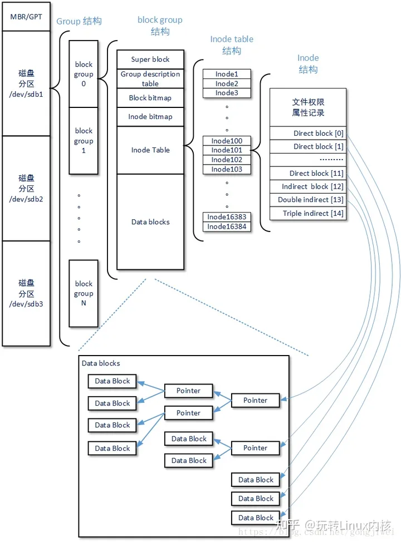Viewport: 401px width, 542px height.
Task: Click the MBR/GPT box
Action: (26, 17)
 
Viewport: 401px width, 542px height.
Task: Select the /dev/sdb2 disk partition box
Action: (26, 188)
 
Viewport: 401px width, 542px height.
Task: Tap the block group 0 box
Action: (84, 74)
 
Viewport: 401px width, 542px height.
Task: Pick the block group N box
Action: (84, 293)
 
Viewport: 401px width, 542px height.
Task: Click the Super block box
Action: (150, 60)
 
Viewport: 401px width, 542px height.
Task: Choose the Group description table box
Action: (150, 78)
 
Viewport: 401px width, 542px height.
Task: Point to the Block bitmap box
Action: (150, 98)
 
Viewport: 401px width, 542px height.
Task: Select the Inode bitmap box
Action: (150, 117)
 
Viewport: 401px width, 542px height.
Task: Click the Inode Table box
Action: (150, 150)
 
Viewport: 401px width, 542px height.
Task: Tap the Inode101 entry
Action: (227, 150)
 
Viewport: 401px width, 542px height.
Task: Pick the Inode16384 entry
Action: (227, 226)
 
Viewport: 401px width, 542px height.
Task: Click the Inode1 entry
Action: (227, 74)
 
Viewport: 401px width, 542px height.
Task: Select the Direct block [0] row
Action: (307, 134)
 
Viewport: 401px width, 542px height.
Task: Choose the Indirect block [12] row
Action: (307, 186)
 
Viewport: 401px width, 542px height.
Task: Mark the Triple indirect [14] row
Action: (307, 213)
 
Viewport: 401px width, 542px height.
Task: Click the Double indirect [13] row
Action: (307, 200)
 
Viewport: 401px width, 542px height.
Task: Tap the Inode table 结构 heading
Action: (232, 45)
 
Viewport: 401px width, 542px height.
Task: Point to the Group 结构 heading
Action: (79, 22)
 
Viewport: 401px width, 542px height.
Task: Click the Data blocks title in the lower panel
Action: (101, 363)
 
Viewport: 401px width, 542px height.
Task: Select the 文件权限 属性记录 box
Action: (307, 107)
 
